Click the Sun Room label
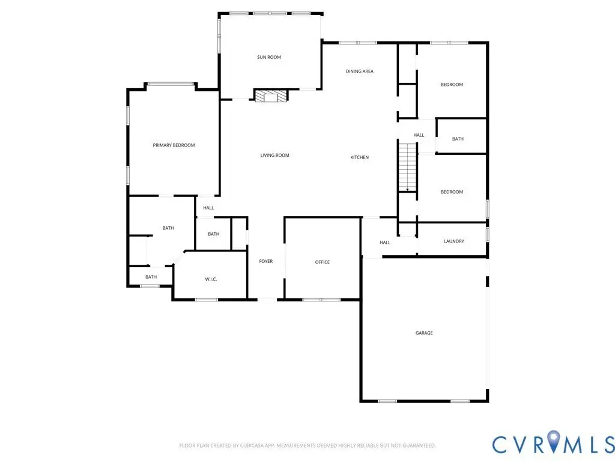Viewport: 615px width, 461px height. (x=269, y=57)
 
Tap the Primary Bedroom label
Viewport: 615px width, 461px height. (x=174, y=145)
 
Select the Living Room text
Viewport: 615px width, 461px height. (x=274, y=155)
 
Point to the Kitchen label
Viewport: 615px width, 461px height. (x=359, y=158)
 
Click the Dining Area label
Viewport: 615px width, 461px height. (x=359, y=71)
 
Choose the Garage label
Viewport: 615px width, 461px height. (x=424, y=333)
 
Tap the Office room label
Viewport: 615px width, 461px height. (x=323, y=262)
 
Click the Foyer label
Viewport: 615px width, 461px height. (x=265, y=262)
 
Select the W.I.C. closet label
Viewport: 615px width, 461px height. (x=211, y=280)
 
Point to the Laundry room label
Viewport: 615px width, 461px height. (x=454, y=241)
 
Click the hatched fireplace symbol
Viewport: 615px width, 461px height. (x=271, y=95)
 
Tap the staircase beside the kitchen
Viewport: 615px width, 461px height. (x=408, y=167)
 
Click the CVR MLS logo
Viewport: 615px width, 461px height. (x=553, y=443)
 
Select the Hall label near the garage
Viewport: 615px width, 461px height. (x=385, y=243)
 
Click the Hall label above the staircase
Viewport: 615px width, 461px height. (x=419, y=135)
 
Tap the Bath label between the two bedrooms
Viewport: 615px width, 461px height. (x=458, y=139)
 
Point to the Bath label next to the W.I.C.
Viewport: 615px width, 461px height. (x=213, y=235)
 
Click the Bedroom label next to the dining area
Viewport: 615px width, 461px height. (x=452, y=85)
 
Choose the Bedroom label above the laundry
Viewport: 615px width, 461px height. (x=452, y=192)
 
